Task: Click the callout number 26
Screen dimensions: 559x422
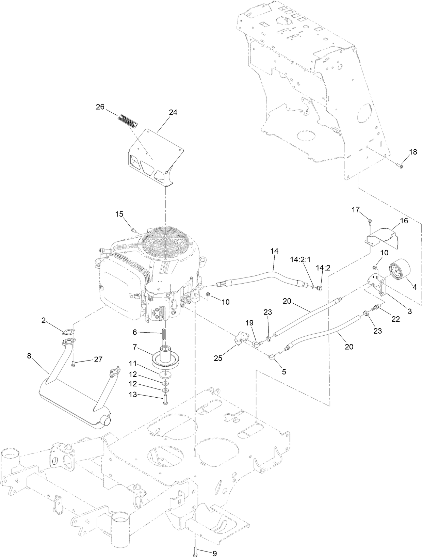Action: (100, 107)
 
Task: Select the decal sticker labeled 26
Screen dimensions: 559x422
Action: (127, 121)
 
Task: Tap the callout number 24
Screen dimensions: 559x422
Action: (173, 112)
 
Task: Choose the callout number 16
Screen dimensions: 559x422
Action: (404, 221)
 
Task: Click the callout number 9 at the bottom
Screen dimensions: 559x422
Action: (214, 554)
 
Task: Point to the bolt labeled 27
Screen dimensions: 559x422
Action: (73, 365)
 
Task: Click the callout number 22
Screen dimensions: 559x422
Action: (395, 319)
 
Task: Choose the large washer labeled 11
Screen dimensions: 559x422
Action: (165, 374)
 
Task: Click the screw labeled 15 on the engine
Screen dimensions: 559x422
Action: (133, 230)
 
